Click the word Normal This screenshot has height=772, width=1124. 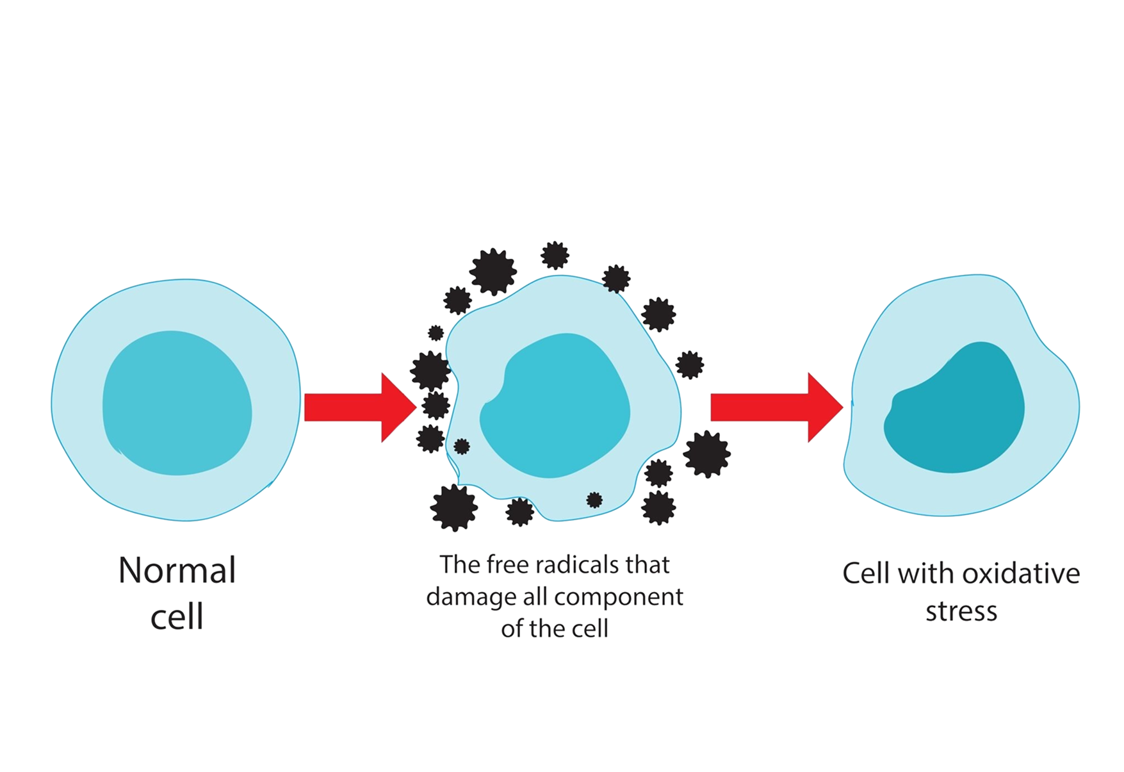pos(177,570)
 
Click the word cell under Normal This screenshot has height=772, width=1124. pos(177,616)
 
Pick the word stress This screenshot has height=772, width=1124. pos(961,611)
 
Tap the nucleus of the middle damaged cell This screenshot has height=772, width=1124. pos(555,407)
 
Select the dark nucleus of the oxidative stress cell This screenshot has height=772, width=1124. pos(954,410)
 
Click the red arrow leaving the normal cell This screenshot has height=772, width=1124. pos(359,407)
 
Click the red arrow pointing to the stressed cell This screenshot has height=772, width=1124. pos(775,407)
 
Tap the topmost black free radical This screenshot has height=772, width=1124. pos(555,255)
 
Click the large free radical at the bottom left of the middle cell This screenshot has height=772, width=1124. pos(454,507)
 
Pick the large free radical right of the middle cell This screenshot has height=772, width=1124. pos(706,454)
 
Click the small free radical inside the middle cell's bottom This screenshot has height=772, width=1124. pos(594,500)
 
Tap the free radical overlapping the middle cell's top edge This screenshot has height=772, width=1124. pos(616,279)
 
